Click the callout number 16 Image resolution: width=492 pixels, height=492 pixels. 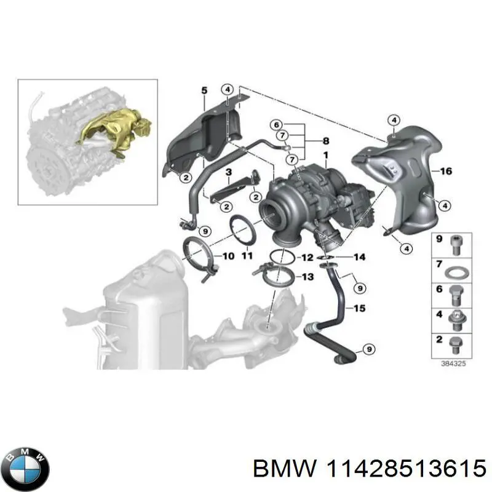(445, 171)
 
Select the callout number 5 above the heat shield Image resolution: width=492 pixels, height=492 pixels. (204, 91)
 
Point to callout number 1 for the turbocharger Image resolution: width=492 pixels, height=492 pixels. (325, 153)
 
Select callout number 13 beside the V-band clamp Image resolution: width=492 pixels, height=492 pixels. (307, 277)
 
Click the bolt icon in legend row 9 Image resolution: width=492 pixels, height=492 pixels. (457, 245)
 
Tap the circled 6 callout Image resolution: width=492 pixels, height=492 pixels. (277, 123)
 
